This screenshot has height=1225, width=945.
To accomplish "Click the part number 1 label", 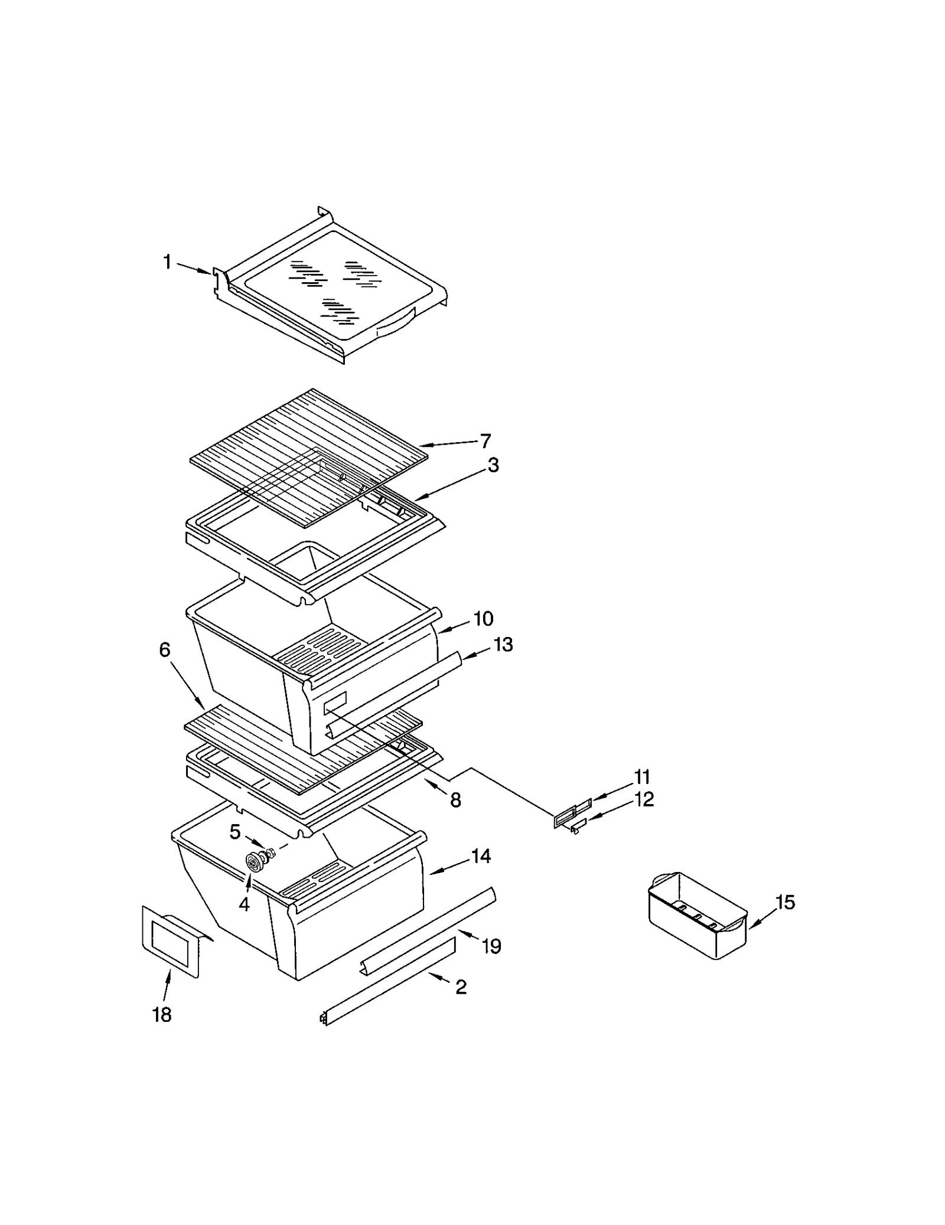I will point(167,262).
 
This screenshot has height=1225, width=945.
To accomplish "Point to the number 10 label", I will point(483,619).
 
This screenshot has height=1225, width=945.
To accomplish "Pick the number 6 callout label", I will point(165,650).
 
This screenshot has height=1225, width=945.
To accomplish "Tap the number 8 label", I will point(455,801).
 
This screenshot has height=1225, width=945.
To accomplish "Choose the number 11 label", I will point(641,776).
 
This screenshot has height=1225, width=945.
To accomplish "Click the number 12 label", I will point(644,799).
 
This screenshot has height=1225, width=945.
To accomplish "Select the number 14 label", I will point(481,856).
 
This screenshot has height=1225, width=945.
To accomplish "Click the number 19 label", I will point(491,946).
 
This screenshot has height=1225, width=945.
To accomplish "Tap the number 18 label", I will point(162,1015).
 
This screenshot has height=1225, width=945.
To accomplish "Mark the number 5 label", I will point(235,832).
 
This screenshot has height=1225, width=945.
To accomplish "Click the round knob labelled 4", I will point(255,863).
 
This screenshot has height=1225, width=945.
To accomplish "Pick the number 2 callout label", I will point(461,986).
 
